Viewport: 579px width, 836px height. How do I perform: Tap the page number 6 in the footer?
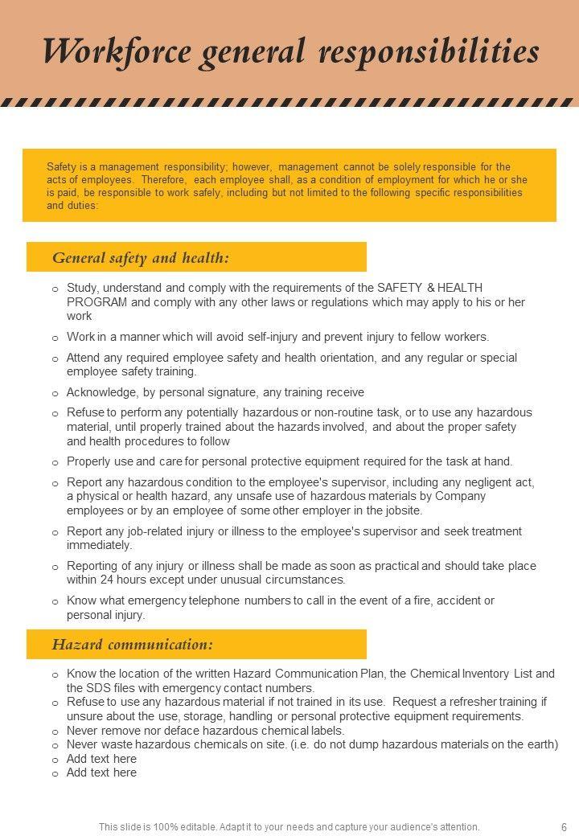[564, 826]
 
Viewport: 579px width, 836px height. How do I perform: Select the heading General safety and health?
[141, 258]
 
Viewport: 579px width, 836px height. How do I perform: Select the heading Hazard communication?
[133, 645]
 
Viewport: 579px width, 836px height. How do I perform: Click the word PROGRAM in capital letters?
[96, 302]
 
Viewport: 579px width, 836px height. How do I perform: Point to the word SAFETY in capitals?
[399, 288]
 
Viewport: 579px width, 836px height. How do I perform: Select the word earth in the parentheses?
[538, 744]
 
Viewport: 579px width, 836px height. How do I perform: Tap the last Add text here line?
[101, 772]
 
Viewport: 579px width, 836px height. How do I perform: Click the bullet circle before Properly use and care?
[55, 463]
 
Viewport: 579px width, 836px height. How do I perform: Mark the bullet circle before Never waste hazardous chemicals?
[55, 746]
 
